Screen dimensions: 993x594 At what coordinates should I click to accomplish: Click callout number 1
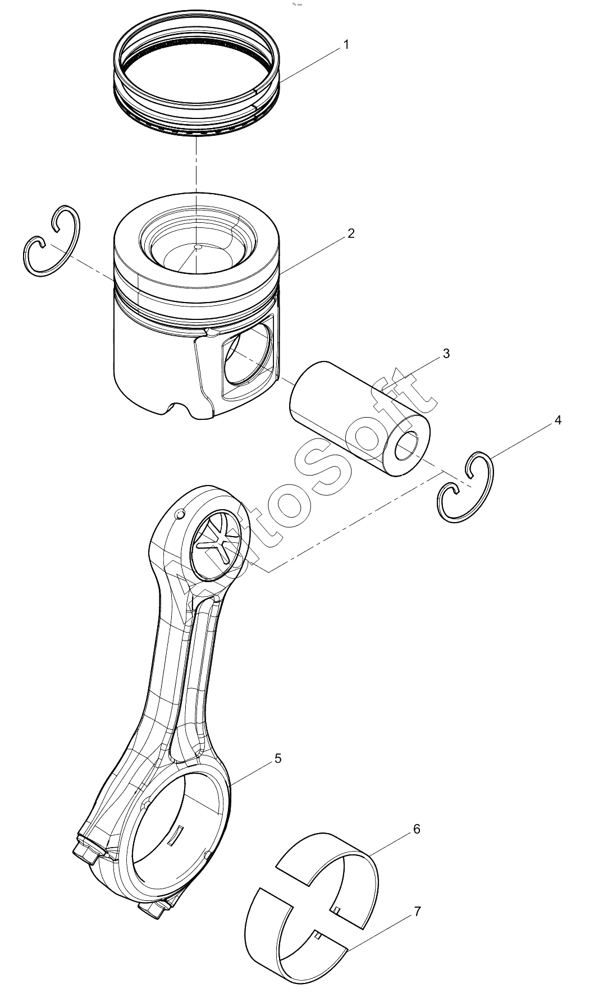pos(346,44)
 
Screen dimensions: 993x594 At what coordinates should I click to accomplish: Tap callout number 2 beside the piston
pos(351,234)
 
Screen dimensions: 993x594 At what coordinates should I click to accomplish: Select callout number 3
pos(446,354)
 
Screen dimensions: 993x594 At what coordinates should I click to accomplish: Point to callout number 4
pos(558,420)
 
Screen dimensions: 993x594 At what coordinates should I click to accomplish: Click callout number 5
pos(278,759)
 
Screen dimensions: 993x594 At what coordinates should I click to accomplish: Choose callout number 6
pos(416,829)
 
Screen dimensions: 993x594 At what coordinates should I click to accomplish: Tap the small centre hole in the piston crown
pos(197,246)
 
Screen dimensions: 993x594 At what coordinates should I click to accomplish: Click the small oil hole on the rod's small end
pos(180,514)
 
